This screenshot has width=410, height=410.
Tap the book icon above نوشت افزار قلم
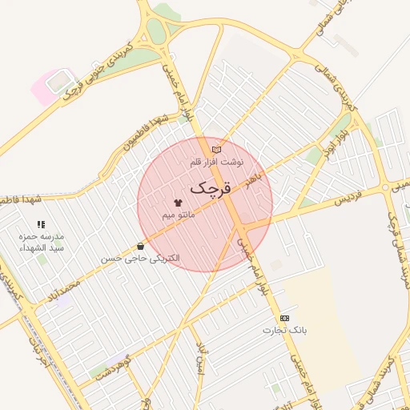pos(216,150)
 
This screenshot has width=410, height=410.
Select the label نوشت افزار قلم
pos(216,162)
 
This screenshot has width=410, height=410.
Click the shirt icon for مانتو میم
pos(177,203)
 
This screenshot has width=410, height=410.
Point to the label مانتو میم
pos(177,215)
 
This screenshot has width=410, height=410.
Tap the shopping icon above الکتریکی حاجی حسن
pos(141,247)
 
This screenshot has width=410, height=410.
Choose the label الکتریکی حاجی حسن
pos(141,259)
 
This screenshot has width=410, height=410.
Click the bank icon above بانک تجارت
pos(284,318)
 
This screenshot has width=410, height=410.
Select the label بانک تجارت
pos(284,330)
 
